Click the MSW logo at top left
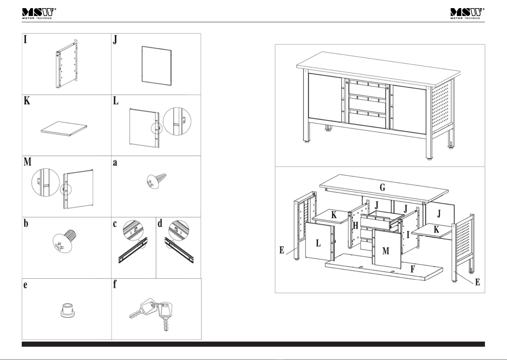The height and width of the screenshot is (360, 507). tap(39, 14)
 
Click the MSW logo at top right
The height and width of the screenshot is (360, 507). tap(467, 14)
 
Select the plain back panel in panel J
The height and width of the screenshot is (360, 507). tap(156, 64)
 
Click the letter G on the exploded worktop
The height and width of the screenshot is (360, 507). tap(382, 187)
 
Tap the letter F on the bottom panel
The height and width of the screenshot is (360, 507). tap(412, 269)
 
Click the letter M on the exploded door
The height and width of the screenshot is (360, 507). tap(386, 251)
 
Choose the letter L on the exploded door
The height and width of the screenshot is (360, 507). tap(318, 243)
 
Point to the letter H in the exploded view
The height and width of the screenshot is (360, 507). tap(355, 225)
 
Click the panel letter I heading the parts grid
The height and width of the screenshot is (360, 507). tap(26, 39)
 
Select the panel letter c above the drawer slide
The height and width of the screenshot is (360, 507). tap(115, 224)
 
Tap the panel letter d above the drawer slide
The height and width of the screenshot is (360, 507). tap(160, 223)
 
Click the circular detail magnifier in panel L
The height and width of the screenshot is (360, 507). tap(177, 121)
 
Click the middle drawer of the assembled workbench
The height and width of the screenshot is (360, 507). tap(367, 103)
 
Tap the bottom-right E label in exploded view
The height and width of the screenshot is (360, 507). tap(477, 282)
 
